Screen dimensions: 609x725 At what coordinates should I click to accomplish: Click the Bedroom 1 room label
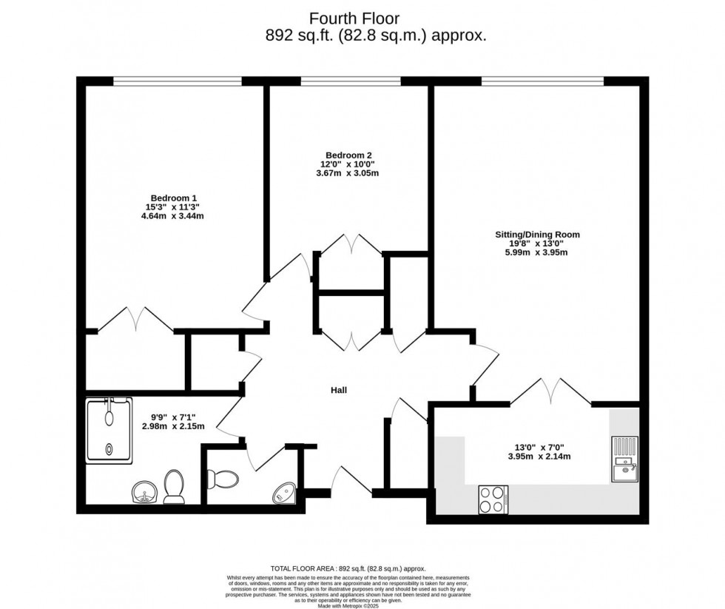pos(174,198)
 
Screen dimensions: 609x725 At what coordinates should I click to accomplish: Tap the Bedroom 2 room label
pos(349,155)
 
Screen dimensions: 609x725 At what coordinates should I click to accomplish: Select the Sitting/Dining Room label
pos(537,235)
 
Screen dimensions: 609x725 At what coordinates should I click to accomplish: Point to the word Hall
pos(339,390)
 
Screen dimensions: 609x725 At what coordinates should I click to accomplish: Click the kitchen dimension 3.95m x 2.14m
pos(536,457)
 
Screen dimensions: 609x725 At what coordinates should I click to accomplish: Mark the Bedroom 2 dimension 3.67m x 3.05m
pos(349,173)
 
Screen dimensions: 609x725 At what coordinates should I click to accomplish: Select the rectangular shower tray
pos(109,431)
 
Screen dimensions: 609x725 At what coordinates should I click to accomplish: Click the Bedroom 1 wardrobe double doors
pos(135,320)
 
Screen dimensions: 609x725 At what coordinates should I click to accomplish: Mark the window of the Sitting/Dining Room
pos(542,80)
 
